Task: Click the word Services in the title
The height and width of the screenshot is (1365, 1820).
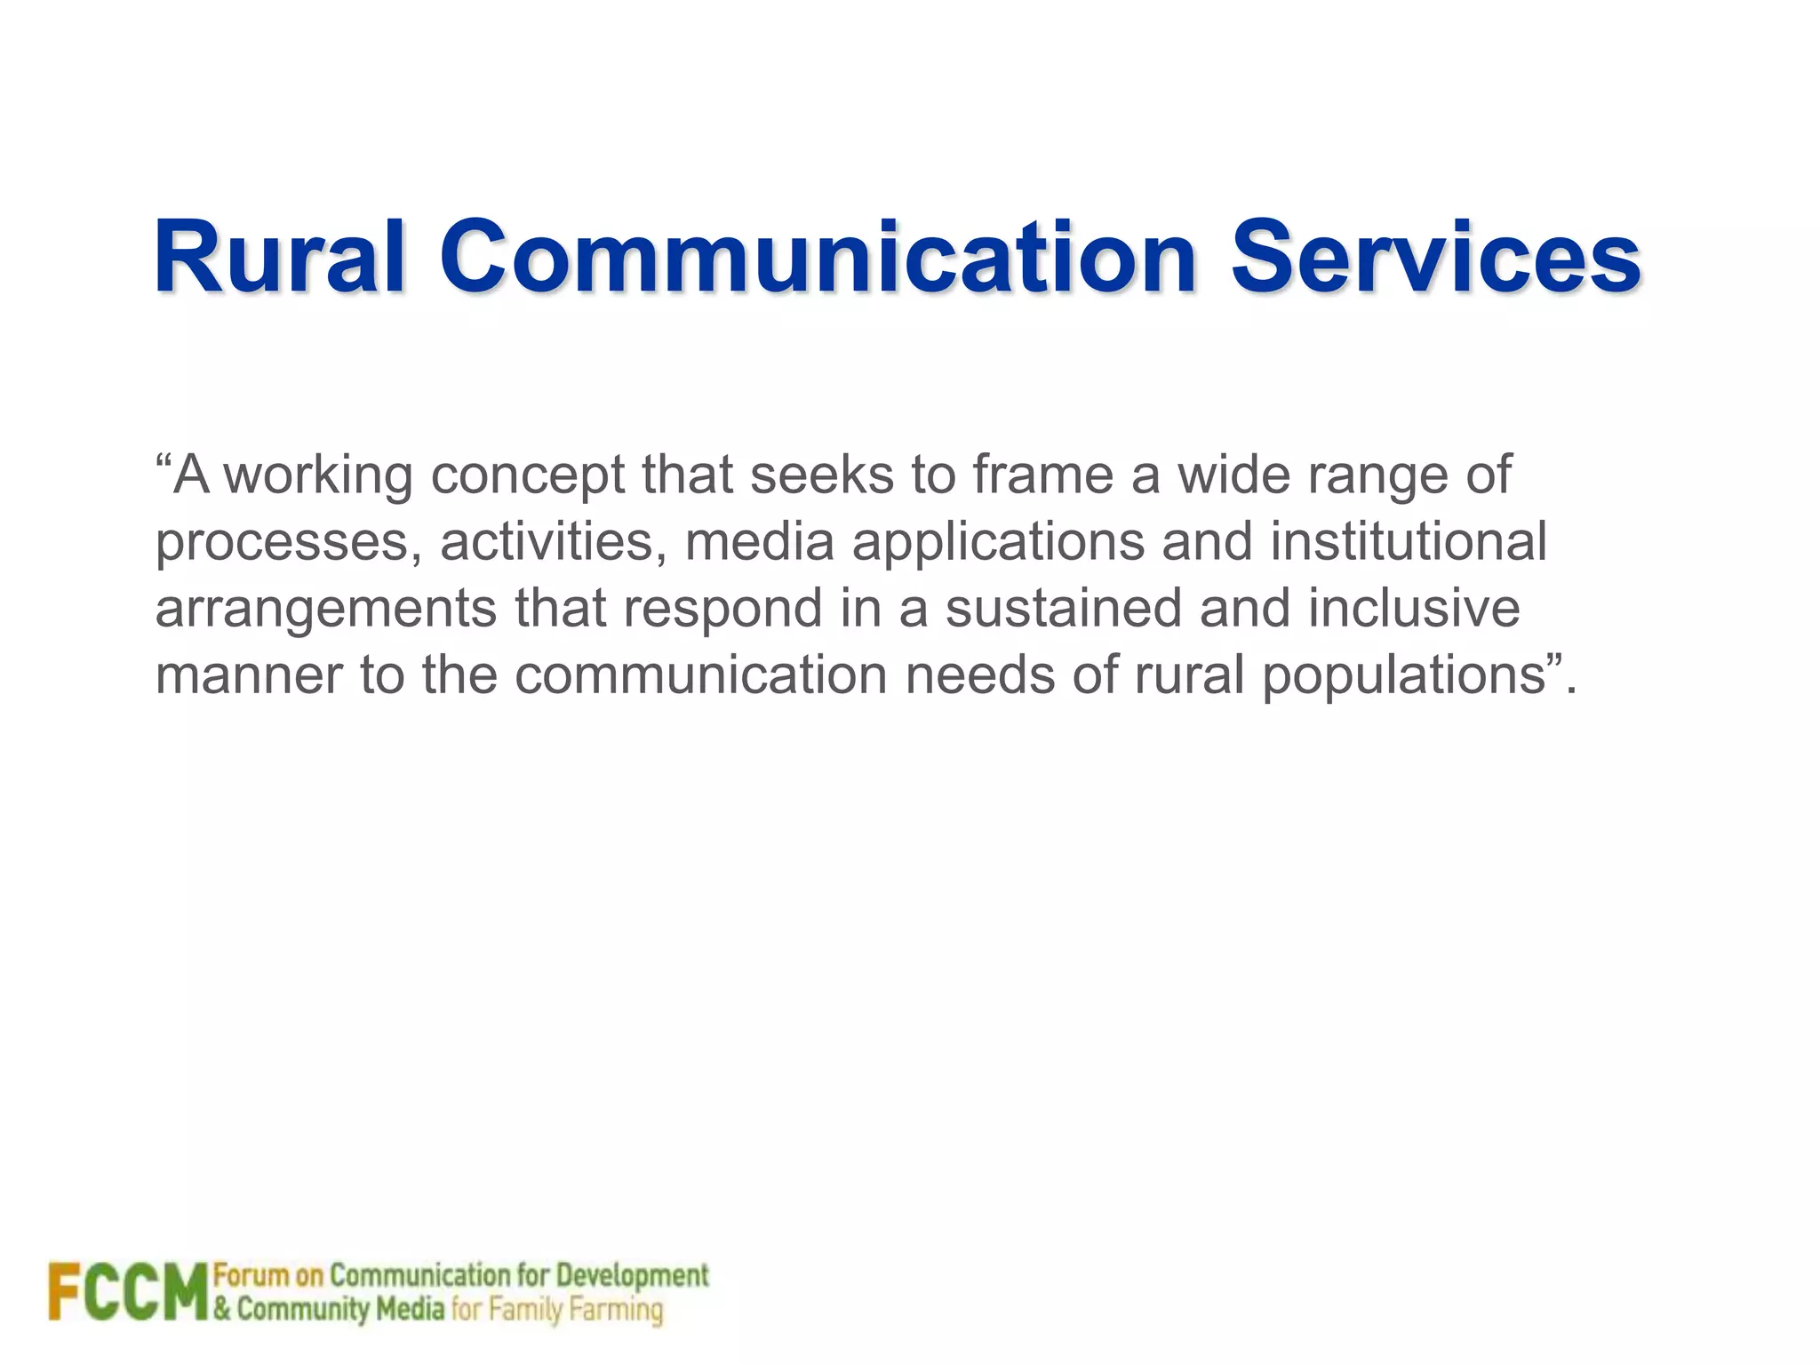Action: pyautogui.click(x=1435, y=258)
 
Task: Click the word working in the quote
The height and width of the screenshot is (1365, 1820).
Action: pyautogui.click(x=317, y=476)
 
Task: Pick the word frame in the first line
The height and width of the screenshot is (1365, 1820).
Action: pyautogui.click(x=1042, y=475)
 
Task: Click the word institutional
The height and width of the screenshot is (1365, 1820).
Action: pyautogui.click(x=1409, y=541)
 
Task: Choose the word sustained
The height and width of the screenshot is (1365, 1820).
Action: pyautogui.click(x=1063, y=608)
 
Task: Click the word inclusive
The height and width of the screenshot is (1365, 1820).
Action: pyautogui.click(x=1414, y=608)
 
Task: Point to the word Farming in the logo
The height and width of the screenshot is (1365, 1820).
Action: pyautogui.click(x=616, y=1310)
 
